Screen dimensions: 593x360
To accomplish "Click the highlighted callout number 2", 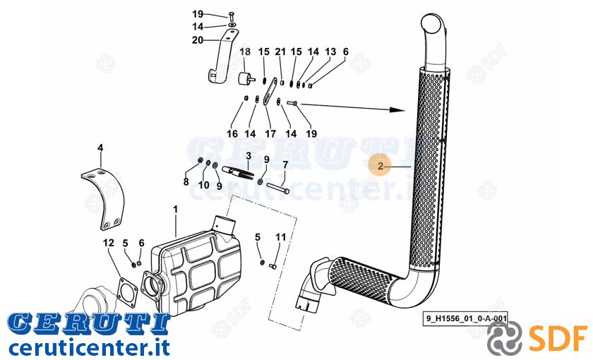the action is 381,166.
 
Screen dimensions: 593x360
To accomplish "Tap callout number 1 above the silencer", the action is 175,209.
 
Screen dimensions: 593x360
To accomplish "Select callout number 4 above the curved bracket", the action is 100,148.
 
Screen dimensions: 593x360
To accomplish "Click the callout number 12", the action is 109,243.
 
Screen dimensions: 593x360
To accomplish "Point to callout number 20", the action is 198,40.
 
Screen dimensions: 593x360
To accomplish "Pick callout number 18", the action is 245,52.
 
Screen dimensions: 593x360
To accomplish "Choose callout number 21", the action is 280,52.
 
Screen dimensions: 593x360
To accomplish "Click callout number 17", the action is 270,133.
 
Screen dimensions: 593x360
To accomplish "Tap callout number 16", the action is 232,133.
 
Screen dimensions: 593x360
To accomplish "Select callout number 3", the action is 248,156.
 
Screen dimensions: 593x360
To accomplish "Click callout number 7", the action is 285,165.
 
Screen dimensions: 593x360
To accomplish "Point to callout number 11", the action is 281,237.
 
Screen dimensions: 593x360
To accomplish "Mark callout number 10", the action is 204,185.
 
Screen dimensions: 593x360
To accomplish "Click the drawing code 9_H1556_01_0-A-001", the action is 467,318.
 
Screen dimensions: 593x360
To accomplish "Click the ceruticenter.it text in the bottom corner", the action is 89,348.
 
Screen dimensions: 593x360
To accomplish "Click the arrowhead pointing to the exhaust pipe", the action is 397,110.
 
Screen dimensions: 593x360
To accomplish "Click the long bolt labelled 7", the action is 278,188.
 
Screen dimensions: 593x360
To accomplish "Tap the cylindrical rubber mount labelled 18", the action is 246,78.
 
